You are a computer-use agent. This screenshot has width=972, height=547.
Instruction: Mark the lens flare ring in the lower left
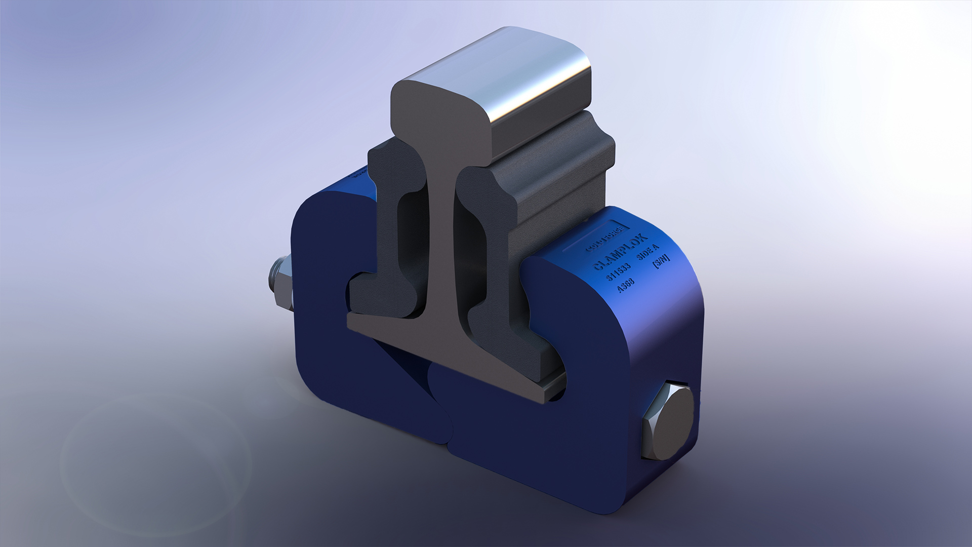click(x=157, y=456)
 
